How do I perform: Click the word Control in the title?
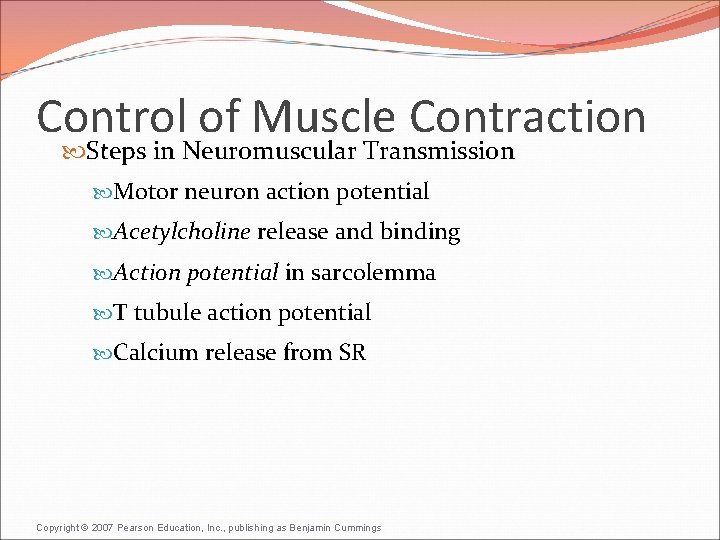point(110,117)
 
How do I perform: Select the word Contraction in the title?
point(527,117)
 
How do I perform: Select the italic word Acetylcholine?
point(181,233)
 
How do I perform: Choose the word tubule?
point(167,313)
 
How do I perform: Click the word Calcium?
point(155,353)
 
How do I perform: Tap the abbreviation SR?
point(351,353)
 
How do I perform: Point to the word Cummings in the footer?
point(354,528)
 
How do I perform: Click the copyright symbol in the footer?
point(84,528)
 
